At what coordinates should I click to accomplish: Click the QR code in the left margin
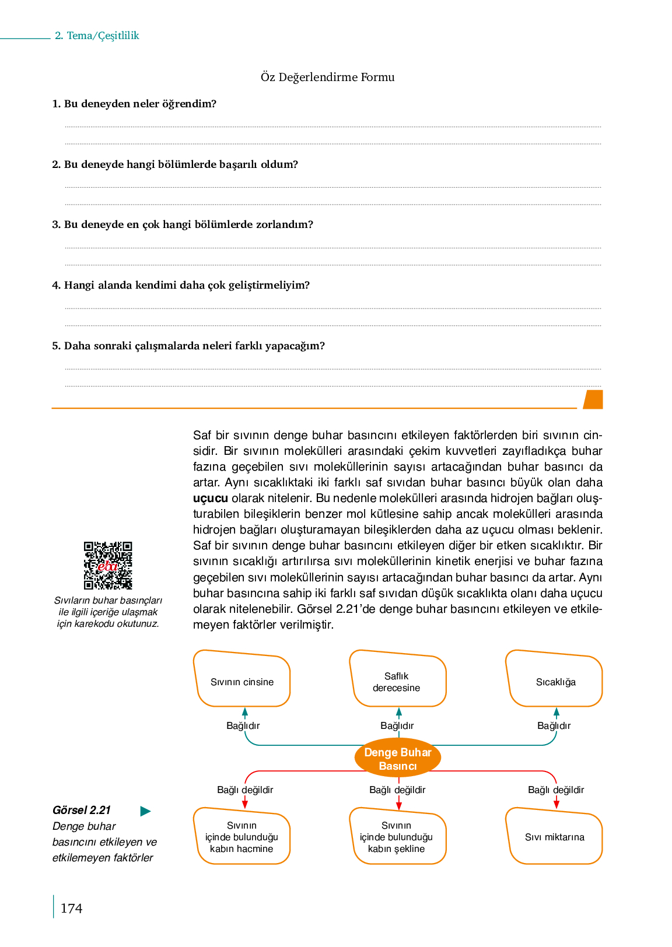pos(108,566)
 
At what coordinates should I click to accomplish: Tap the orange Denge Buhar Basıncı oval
pos(398,759)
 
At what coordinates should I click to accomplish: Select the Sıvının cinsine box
pos(242,680)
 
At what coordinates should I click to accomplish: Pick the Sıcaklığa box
pos(555,680)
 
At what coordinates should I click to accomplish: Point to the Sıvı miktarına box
pos(554,837)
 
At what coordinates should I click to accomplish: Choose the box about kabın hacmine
pos(242,837)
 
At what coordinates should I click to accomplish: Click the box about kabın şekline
pos(397,837)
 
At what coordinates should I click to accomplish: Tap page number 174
pos(71,908)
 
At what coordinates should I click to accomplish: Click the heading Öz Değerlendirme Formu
pos(327,77)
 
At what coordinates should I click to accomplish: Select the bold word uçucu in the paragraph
pos(210,499)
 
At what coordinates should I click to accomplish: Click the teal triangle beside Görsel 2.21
pos(146,811)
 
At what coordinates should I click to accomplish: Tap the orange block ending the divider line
pos(593,399)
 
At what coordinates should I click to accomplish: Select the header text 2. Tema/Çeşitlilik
pos(97,36)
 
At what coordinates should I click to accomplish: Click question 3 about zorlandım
pos(183,225)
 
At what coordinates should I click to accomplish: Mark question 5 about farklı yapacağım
pos(188,346)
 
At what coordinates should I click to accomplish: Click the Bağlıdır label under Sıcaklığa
pos(554,725)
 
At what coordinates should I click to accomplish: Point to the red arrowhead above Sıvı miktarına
pos(556,805)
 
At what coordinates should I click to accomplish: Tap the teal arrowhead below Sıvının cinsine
pos(245,712)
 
